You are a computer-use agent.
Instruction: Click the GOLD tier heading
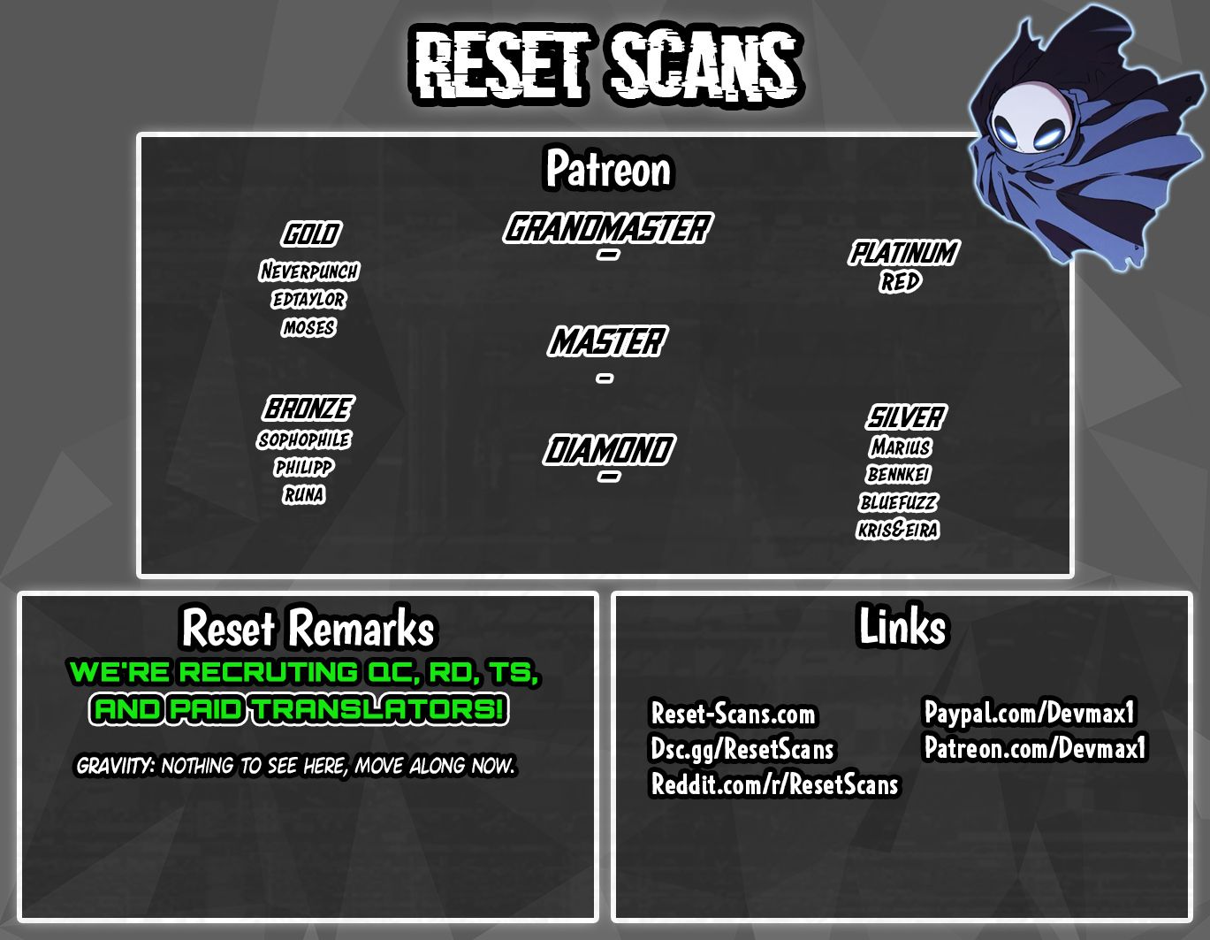(311, 233)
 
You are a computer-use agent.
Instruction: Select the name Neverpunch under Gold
(309, 271)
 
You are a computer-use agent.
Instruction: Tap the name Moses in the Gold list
(309, 327)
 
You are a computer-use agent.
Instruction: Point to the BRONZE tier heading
(308, 409)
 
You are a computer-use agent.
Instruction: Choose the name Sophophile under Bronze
(304, 439)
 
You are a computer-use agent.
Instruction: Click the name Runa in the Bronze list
(303, 494)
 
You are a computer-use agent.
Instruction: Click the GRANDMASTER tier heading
(607, 228)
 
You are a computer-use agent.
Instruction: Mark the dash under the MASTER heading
(605, 378)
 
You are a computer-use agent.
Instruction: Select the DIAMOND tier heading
(609, 450)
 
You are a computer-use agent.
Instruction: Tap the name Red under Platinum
(901, 282)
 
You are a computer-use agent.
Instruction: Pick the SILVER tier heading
(906, 417)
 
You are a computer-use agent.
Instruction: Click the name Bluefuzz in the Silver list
(898, 502)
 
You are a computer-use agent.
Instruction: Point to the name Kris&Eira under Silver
(898, 530)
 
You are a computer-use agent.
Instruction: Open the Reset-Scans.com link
(733, 714)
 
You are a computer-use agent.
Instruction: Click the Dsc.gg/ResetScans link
(742, 750)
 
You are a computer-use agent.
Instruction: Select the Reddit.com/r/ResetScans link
(774, 784)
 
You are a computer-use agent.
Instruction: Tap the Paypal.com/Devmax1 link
(1029, 712)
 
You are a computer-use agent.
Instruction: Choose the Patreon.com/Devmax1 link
(1035, 747)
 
